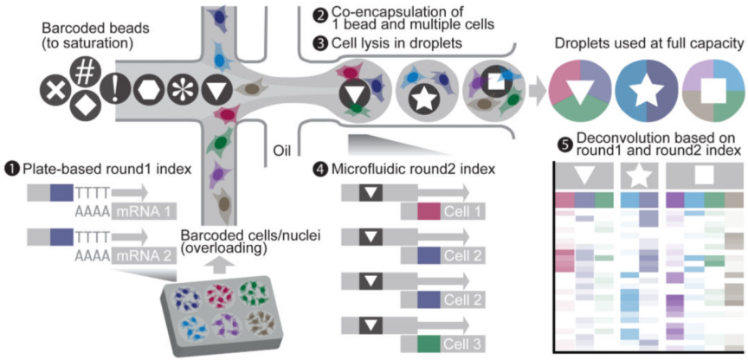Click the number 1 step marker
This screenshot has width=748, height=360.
click(x=10, y=170)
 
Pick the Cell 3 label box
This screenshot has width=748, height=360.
click(x=443, y=343)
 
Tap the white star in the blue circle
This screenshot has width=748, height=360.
click(x=648, y=93)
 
